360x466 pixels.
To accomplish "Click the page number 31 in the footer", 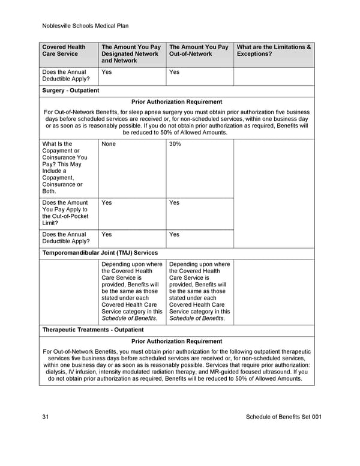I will [46, 417].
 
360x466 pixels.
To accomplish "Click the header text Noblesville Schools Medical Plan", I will [86, 26].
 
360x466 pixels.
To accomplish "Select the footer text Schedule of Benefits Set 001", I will [284, 417].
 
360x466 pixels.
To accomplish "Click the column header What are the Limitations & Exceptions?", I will [274, 50].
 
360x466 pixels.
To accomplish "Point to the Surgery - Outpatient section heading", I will [71, 91].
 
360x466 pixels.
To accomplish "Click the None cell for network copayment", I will [109, 144].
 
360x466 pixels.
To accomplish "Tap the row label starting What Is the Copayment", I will [65, 168].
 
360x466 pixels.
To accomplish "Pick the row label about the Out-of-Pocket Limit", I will [65, 213].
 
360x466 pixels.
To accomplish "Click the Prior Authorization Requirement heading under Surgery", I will [176, 102].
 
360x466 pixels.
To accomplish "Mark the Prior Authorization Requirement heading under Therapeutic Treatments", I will [176, 341].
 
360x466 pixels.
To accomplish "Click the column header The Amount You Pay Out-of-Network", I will [199, 50].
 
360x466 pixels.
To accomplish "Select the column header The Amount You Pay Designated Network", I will [131, 53].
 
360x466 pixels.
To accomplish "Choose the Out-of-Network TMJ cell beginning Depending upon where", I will [199, 291].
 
